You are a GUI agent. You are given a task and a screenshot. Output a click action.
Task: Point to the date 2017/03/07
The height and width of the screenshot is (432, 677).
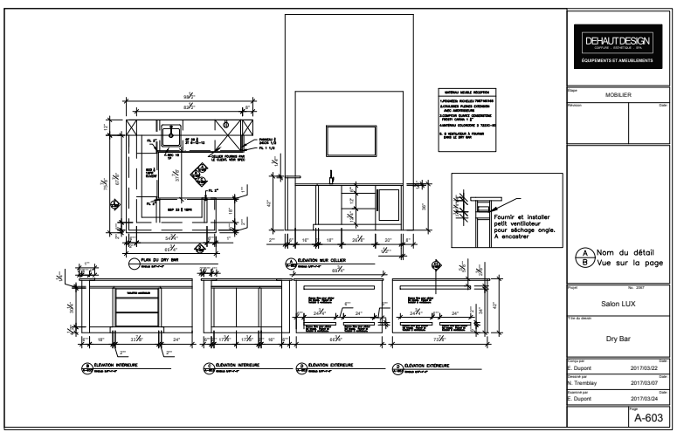click(x=647, y=381)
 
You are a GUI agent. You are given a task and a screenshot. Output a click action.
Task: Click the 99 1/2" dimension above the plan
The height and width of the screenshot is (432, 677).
click(x=186, y=95)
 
